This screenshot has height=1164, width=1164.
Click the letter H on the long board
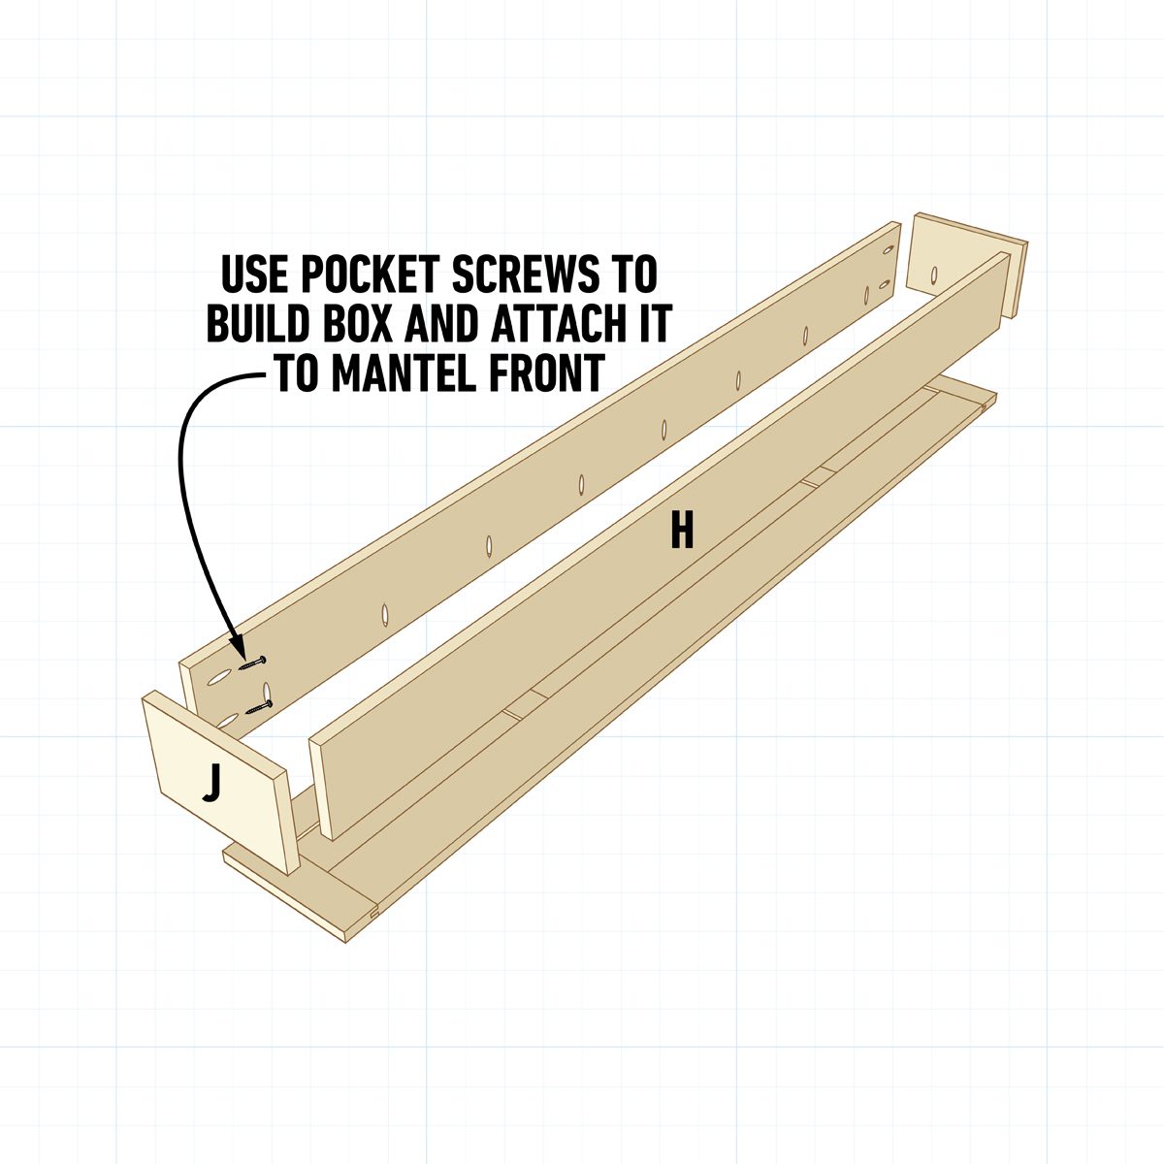[682, 531]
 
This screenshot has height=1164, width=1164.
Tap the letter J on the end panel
[211, 785]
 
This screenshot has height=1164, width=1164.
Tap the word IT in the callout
[651, 325]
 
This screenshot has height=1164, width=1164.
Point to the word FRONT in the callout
[542, 374]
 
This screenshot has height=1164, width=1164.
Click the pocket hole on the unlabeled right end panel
[933, 275]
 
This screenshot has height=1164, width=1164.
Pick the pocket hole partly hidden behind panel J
[229, 719]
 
